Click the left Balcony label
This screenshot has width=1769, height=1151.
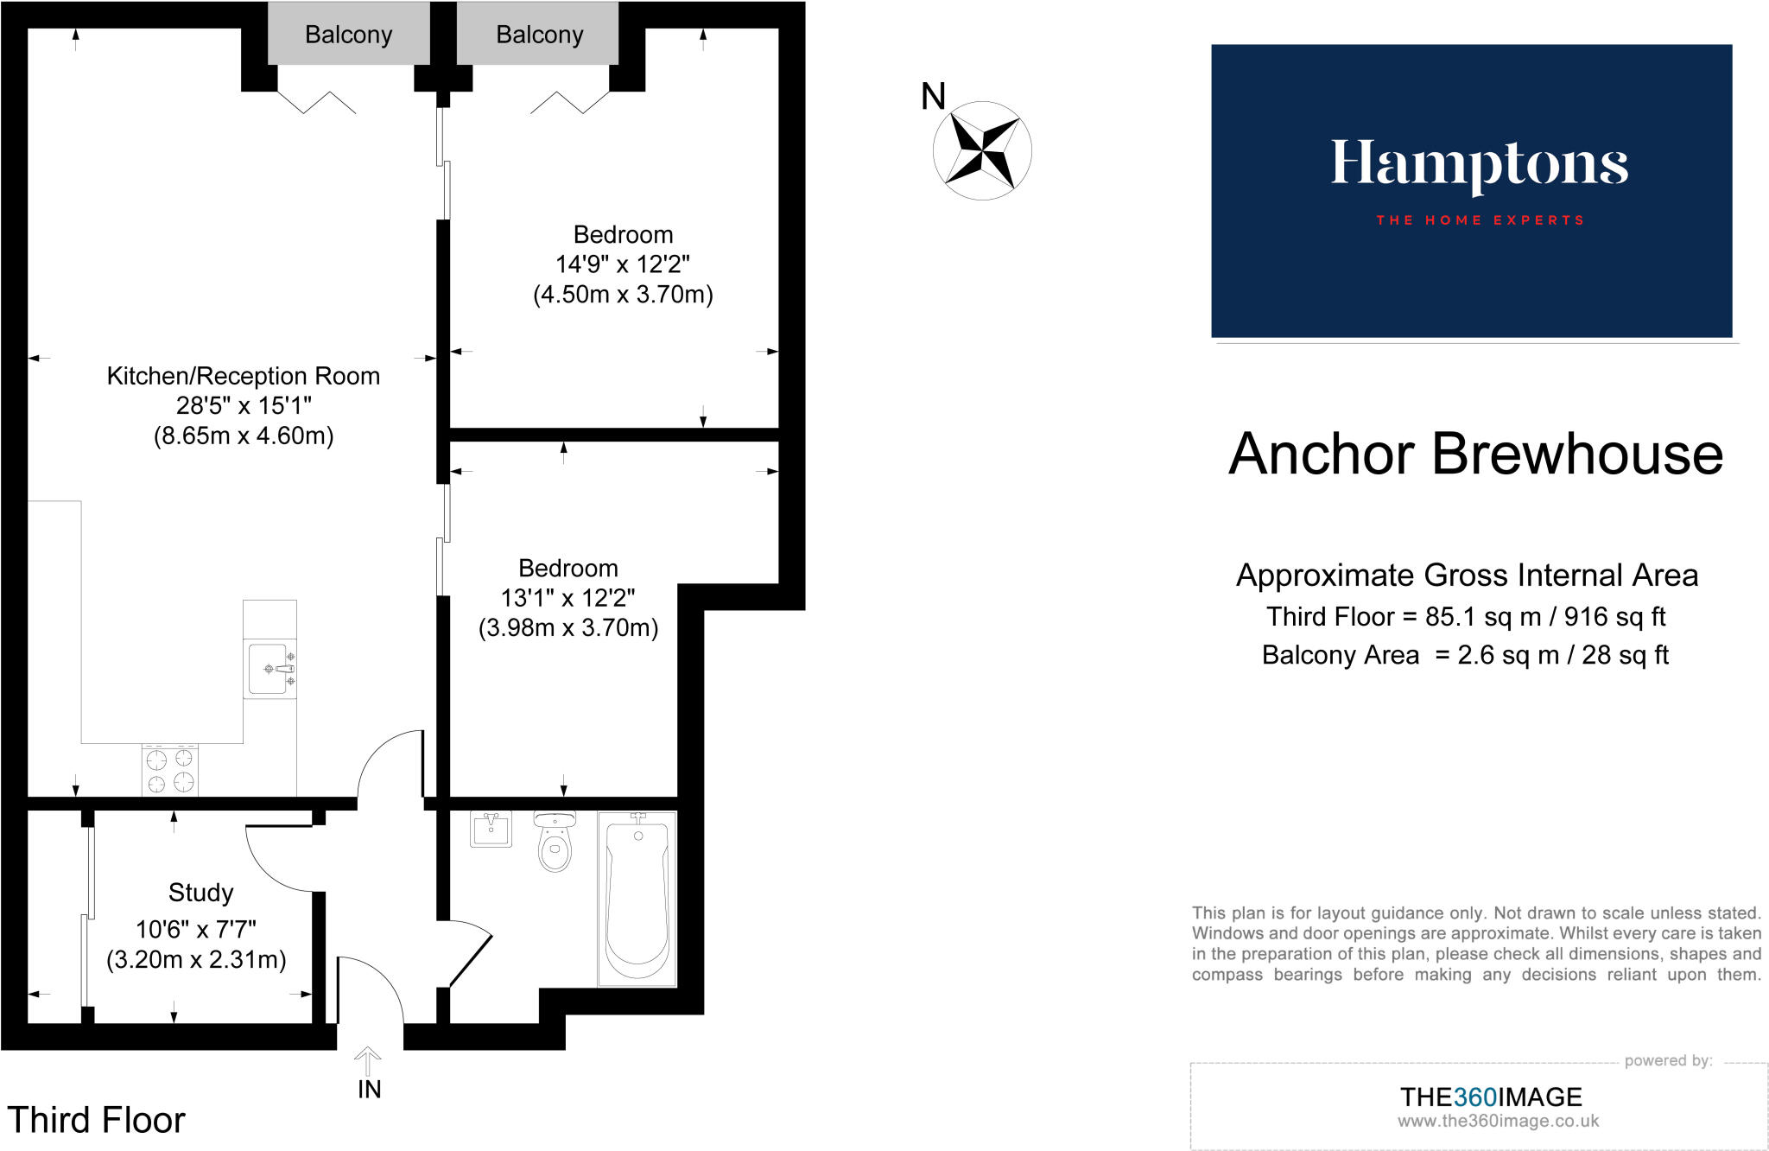(x=348, y=35)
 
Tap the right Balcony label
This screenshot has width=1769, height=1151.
(x=539, y=35)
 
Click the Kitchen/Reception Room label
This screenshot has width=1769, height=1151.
(x=243, y=376)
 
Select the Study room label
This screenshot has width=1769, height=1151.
(x=200, y=892)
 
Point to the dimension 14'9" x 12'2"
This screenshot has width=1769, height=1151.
(x=622, y=264)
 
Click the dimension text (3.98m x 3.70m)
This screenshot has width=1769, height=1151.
(x=567, y=627)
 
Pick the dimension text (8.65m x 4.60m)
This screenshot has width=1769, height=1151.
(x=243, y=436)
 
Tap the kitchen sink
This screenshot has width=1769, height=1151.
(x=269, y=668)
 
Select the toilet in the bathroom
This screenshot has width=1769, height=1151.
(x=555, y=843)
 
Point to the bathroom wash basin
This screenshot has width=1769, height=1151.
(x=491, y=830)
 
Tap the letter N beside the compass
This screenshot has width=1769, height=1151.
(x=933, y=96)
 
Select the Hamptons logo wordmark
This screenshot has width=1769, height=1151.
(x=1479, y=164)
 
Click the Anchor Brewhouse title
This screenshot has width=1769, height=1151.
(x=1475, y=454)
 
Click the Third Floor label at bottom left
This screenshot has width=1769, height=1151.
(x=96, y=1120)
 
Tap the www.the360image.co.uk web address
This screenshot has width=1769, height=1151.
(x=1498, y=1122)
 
